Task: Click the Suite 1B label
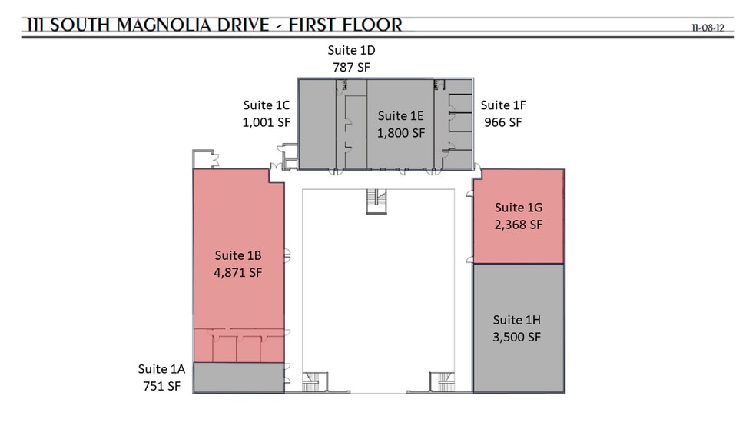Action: (238, 255)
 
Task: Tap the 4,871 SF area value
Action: (238, 272)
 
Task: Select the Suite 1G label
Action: (519, 208)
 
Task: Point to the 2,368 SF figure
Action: (519, 225)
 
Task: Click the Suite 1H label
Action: (517, 320)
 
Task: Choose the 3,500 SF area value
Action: (517, 338)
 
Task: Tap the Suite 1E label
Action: (400, 116)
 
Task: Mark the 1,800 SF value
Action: (401, 133)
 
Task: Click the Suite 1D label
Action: (351, 50)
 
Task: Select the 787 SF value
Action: (351, 68)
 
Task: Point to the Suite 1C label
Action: (266, 105)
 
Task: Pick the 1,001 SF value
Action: (266, 122)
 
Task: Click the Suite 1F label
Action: (503, 105)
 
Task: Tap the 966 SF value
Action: (503, 122)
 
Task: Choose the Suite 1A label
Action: (161, 369)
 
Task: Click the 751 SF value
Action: (161, 387)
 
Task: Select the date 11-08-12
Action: (708, 28)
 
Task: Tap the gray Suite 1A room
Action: (239, 378)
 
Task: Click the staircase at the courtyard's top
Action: (376, 201)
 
